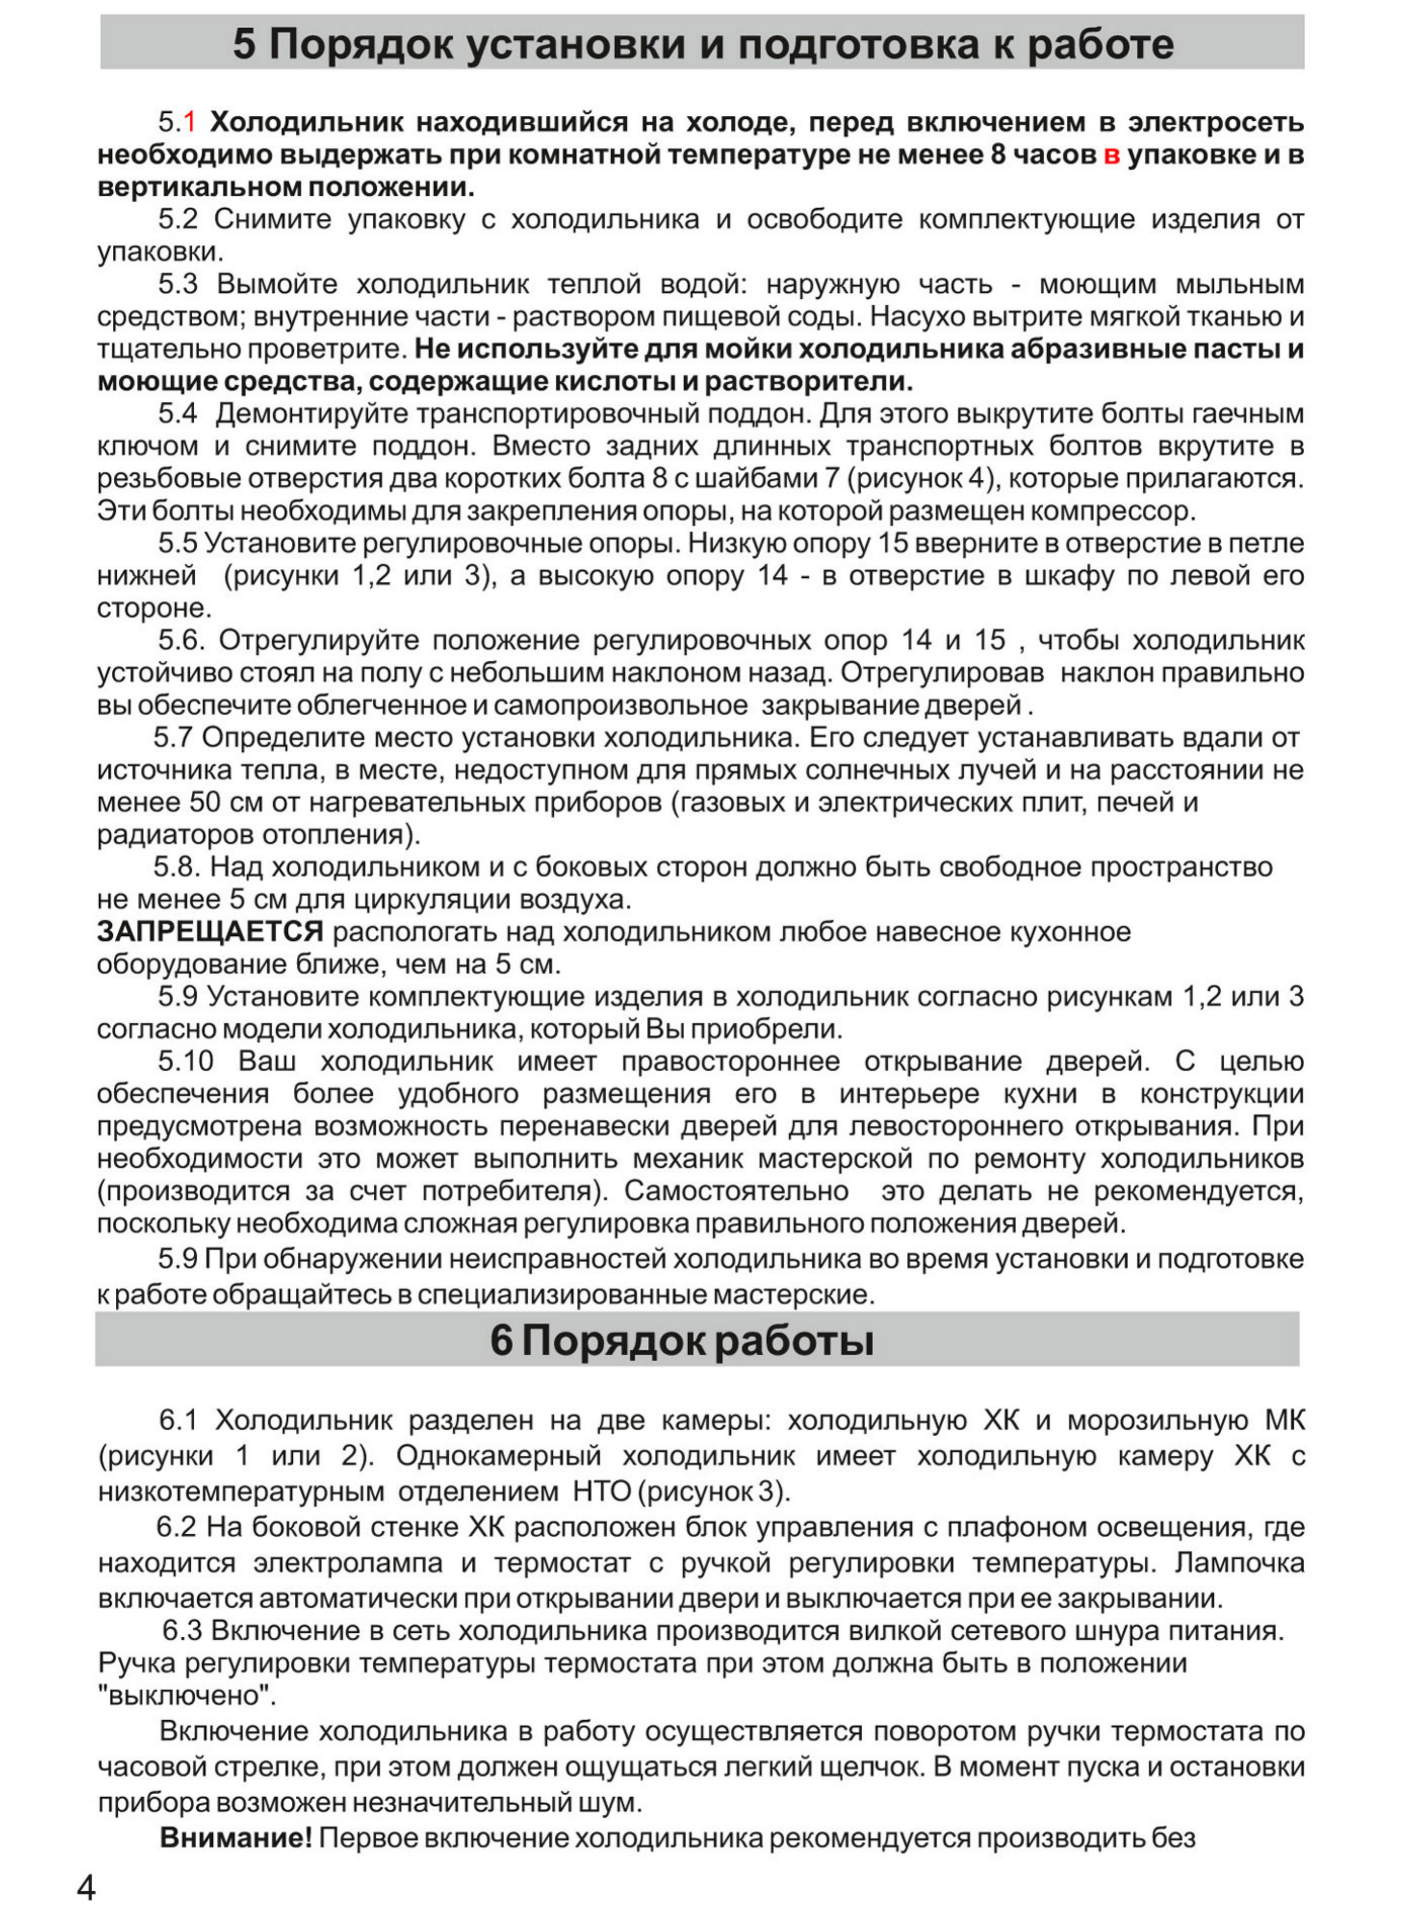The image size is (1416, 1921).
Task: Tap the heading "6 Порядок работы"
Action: click(x=681, y=1340)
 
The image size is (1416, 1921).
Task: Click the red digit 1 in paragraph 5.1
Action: click(x=190, y=122)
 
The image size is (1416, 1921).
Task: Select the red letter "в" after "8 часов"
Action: click(x=1111, y=155)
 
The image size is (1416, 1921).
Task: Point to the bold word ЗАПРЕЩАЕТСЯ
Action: click(x=210, y=931)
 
